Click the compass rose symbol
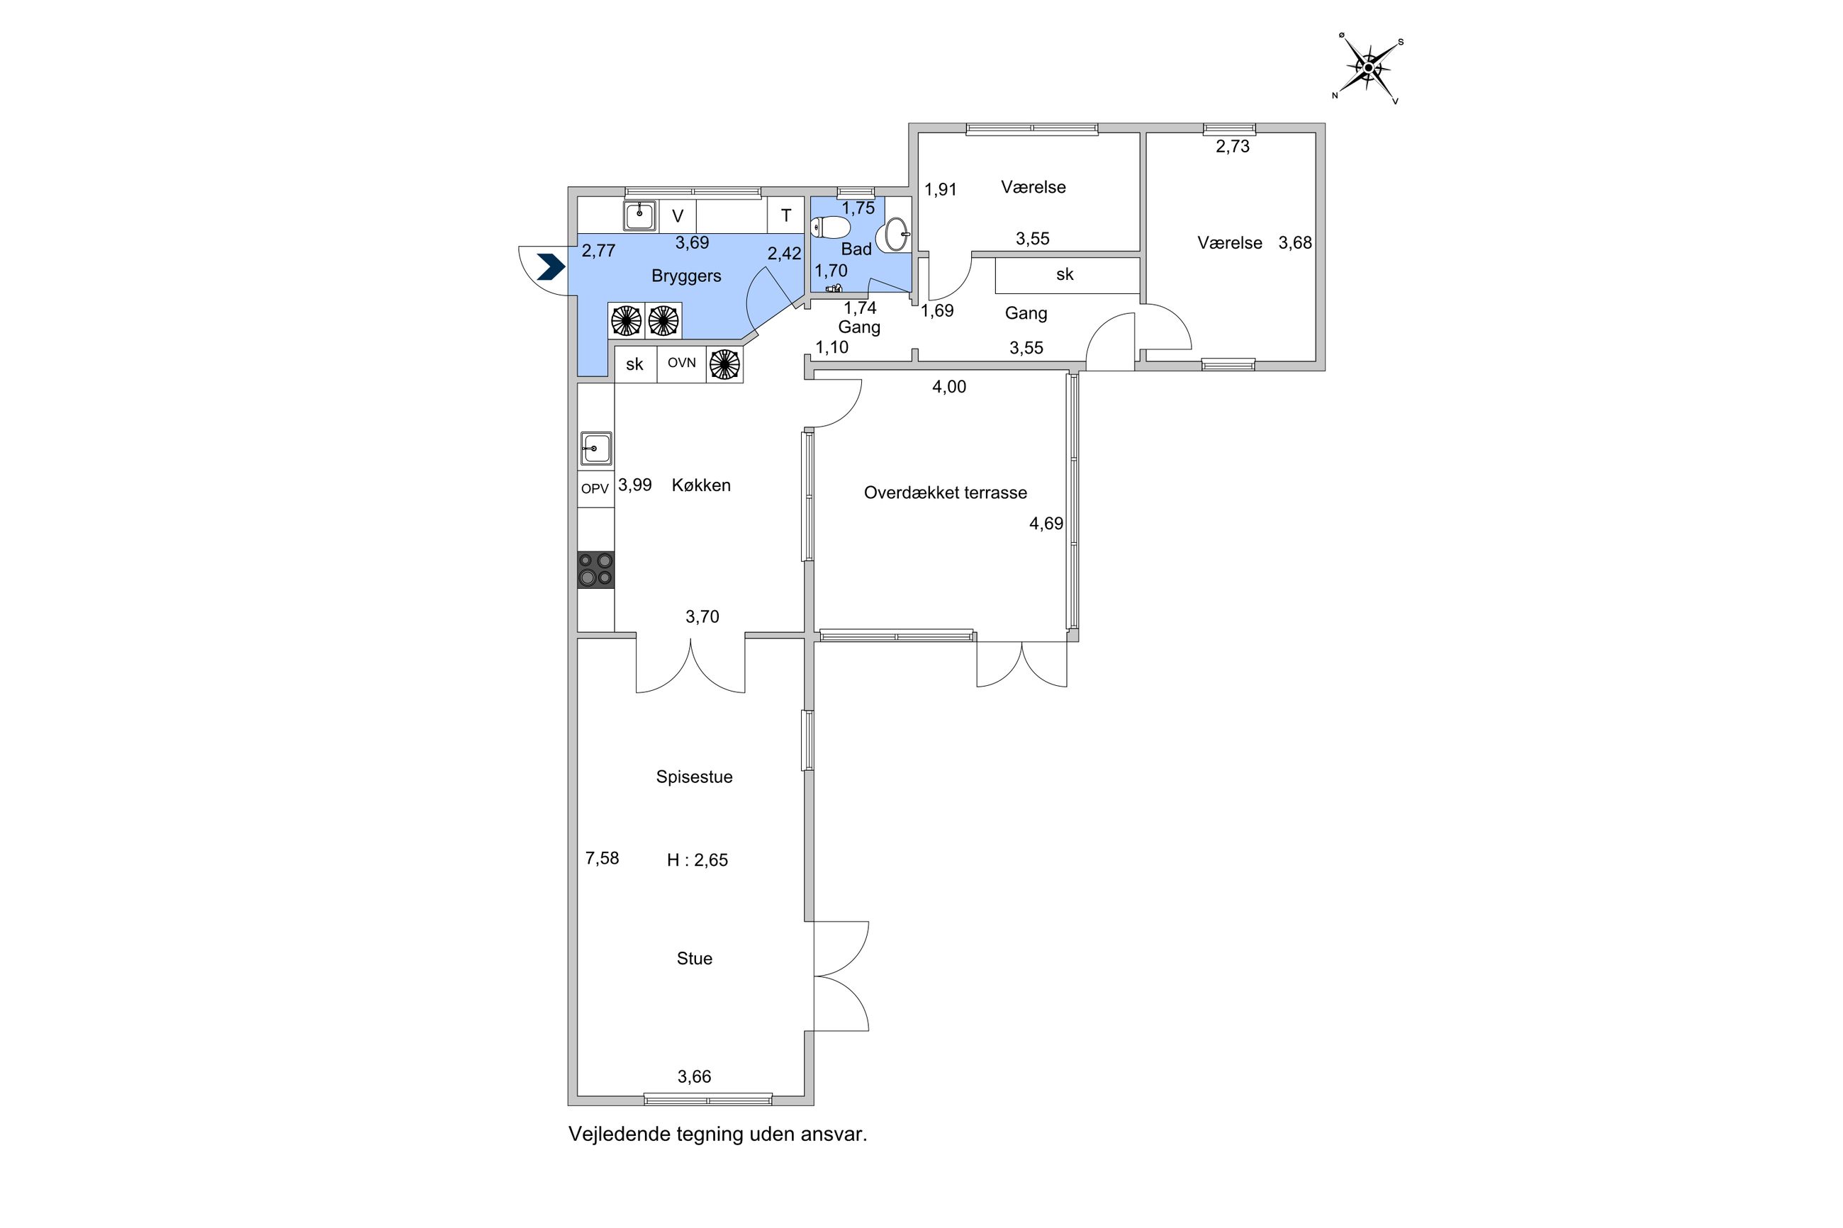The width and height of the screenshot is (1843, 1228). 1367,68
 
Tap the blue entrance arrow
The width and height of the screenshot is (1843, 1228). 551,267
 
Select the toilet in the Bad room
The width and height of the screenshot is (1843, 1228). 831,228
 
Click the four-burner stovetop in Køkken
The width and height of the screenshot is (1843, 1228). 595,570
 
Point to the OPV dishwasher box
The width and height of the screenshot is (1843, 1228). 595,489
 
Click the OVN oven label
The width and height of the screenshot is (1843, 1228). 681,364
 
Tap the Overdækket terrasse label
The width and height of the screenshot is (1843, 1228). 945,492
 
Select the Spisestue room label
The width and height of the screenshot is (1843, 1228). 694,777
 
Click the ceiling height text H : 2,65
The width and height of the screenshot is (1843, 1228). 697,860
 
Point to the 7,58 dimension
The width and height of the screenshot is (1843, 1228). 602,858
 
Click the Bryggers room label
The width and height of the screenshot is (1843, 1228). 686,276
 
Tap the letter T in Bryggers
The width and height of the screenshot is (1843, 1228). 785,215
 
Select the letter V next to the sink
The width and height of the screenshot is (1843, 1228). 678,216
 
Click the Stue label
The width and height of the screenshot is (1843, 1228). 694,959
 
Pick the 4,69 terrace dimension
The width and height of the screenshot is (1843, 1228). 1046,524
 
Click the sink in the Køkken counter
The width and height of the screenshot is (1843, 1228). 595,449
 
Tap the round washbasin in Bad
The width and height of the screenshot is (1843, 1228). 897,234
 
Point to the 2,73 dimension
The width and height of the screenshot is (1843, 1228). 1232,147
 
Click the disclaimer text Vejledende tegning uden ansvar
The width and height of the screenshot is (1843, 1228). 717,1134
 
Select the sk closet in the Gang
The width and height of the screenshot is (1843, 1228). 1065,275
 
